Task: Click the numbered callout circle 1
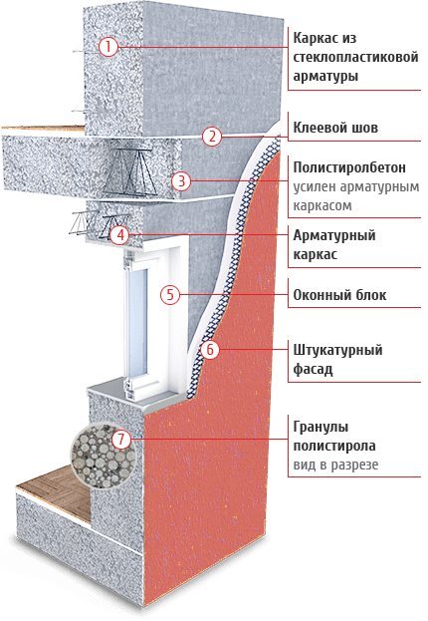(x=108, y=47)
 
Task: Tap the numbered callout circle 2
(x=212, y=137)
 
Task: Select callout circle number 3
(x=181, y=181)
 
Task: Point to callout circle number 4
(x=119, y=235)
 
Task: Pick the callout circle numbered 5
(x=170, y=295)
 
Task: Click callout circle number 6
(x=210, y=349)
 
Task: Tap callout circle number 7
(x=121, y=439)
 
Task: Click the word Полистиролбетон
(x=349, y=167)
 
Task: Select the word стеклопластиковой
(x=355, y=57)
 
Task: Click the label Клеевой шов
(x=335, y=128)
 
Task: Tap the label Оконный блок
(x=339, y=295)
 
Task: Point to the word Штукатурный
(x=337, y=351)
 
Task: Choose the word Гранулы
(x=321, y=428)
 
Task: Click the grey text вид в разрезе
(x=335, y=465)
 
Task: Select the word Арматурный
(x=334, y=235)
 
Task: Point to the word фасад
(x=313, y=370)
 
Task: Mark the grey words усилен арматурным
(x=356, y=187)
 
